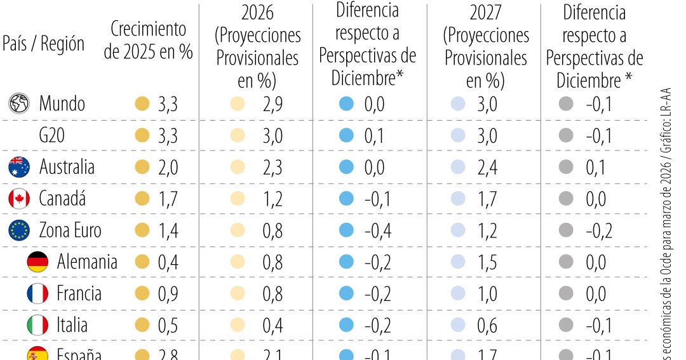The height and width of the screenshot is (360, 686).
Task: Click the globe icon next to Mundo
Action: [19, 103]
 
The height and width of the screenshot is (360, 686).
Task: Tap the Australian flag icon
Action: [19, 167]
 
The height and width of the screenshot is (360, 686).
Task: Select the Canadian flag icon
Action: [19, 199]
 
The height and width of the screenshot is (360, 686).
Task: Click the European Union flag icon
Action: [19, 230]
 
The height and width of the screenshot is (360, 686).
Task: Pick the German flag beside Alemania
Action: [37, 262]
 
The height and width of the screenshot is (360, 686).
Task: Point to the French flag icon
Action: [37, 294]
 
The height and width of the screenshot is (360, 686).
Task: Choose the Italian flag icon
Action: [37, 326]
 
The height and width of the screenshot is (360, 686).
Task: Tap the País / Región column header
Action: [43, 44]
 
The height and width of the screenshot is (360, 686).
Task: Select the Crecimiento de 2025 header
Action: [149, 40]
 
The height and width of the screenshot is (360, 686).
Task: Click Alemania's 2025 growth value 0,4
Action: [168, 262]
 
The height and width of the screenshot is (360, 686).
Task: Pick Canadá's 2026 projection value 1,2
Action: [272, 199]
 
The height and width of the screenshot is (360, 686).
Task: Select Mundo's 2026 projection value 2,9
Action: [272, 103]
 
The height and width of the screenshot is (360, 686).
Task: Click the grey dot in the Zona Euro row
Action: [566, 230]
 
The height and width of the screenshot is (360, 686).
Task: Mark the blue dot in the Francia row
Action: [346, 294]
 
